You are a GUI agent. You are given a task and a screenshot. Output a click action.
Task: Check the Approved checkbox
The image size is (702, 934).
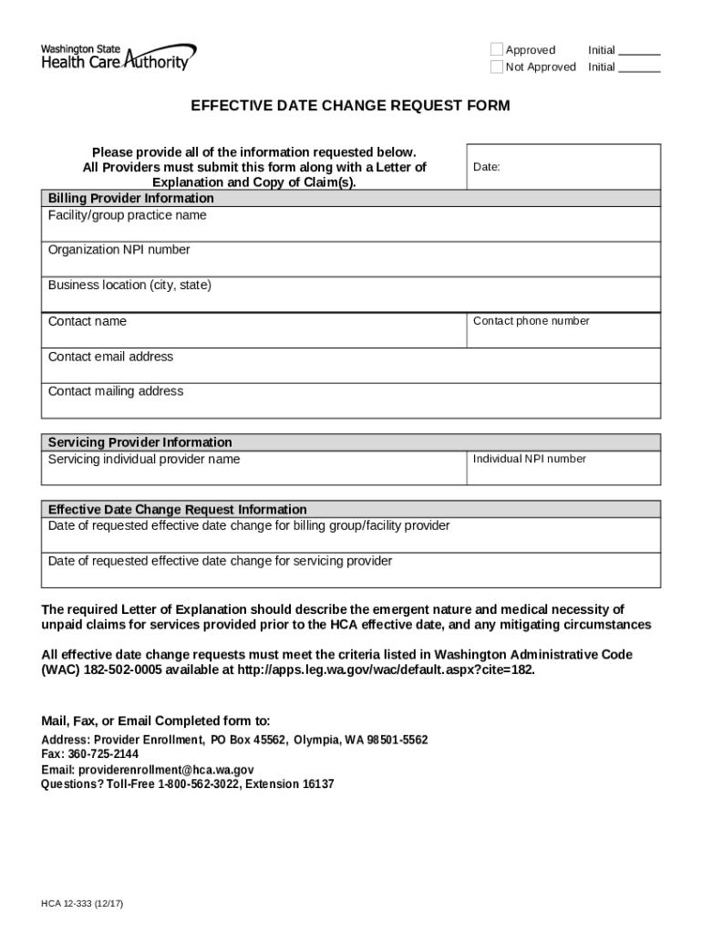coord(497,49)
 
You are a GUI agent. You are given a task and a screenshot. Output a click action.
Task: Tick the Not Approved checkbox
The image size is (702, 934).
coord(497,67)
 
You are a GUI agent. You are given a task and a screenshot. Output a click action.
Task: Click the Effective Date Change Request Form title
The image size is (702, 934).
coord(350,106)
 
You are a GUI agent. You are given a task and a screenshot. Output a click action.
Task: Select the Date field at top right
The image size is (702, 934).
coord(563,168)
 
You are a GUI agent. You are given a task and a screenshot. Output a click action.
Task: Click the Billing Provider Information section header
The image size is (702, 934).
coord(351,198)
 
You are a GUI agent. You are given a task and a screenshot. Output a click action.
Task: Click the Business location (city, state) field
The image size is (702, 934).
coord(351,295)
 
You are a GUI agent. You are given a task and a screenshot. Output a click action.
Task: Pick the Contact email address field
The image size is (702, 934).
coord(351,366)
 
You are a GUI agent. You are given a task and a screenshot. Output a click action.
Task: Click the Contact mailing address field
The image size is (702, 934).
coord(351,400)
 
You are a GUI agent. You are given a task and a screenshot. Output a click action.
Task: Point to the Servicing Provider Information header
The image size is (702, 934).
coord(351,442)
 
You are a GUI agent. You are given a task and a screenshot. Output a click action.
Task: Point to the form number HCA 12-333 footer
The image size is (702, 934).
coord(82,903)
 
